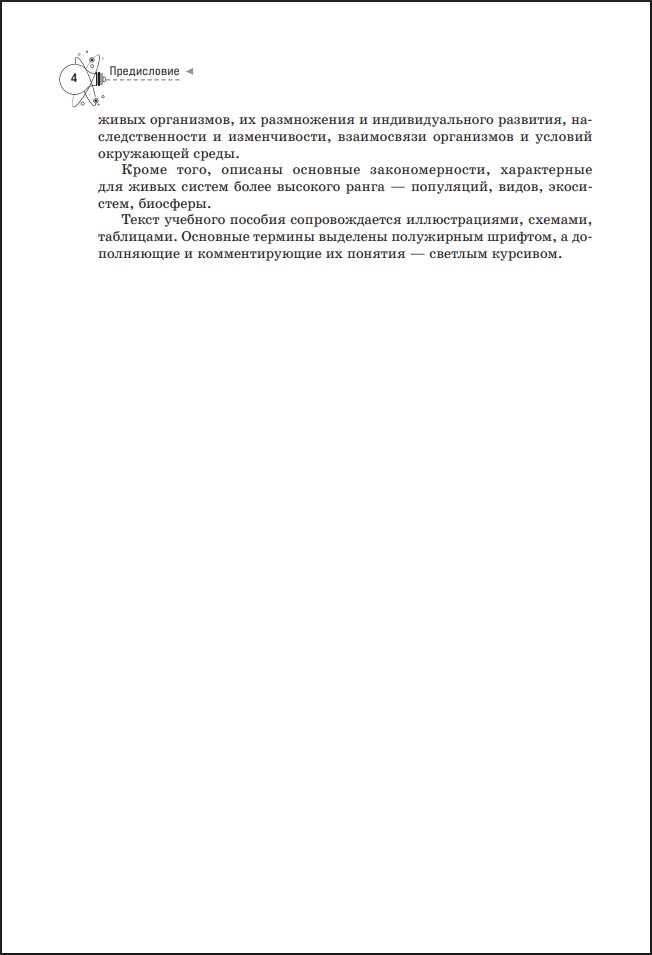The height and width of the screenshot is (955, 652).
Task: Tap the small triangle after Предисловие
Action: pyautogui.click(x=191, y=72)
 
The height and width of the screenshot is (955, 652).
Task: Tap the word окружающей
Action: pyautogui.click(x=133, y=153)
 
